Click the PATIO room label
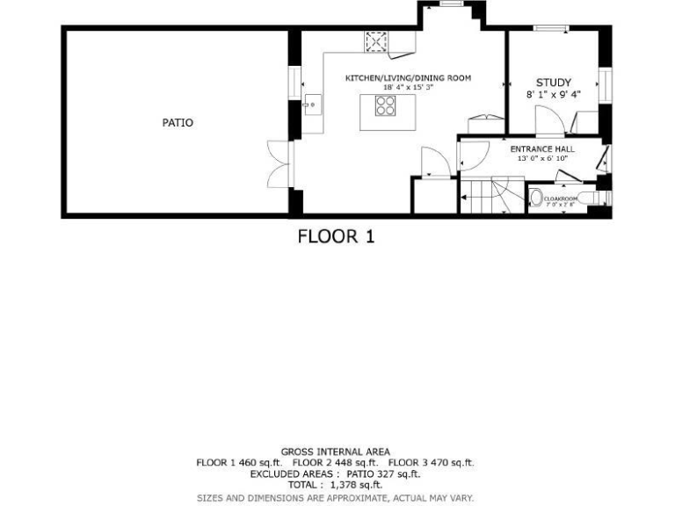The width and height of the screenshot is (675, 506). pos(178,123)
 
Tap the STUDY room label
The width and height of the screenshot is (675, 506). pos(554,83)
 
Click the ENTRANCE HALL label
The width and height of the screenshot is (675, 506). pos(542,149)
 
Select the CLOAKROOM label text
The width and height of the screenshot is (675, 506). pos(561,199)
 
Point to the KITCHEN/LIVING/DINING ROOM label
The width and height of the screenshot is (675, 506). pos(408,78)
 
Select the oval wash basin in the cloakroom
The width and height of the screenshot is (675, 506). pos(536,199)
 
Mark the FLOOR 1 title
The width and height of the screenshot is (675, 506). pos(336,236)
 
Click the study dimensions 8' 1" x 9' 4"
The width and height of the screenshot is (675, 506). pos(554,94)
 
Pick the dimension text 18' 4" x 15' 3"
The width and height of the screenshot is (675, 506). pos(408,87)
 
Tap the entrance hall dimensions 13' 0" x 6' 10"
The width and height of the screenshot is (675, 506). pos(542,158)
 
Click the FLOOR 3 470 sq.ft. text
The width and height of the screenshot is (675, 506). pos(431,462)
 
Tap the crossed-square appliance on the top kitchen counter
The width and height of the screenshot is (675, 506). pos(376,41)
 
